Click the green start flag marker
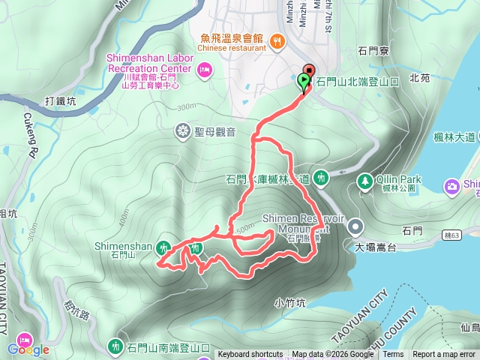[304, 81]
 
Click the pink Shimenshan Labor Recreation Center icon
[204, 70]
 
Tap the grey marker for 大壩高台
[357, 224]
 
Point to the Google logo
[28, 349]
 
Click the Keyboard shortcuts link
[250, 355]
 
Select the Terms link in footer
[393, 355]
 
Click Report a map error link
[444, 355]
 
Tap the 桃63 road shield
[451, 235]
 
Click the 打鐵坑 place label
[60, 100]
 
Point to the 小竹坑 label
[289, 303]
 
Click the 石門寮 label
[372, 51]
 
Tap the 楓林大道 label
[454, 136]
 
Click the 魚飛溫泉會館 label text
[232, 37]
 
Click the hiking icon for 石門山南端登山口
[115, 346]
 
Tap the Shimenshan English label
[124, 245]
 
